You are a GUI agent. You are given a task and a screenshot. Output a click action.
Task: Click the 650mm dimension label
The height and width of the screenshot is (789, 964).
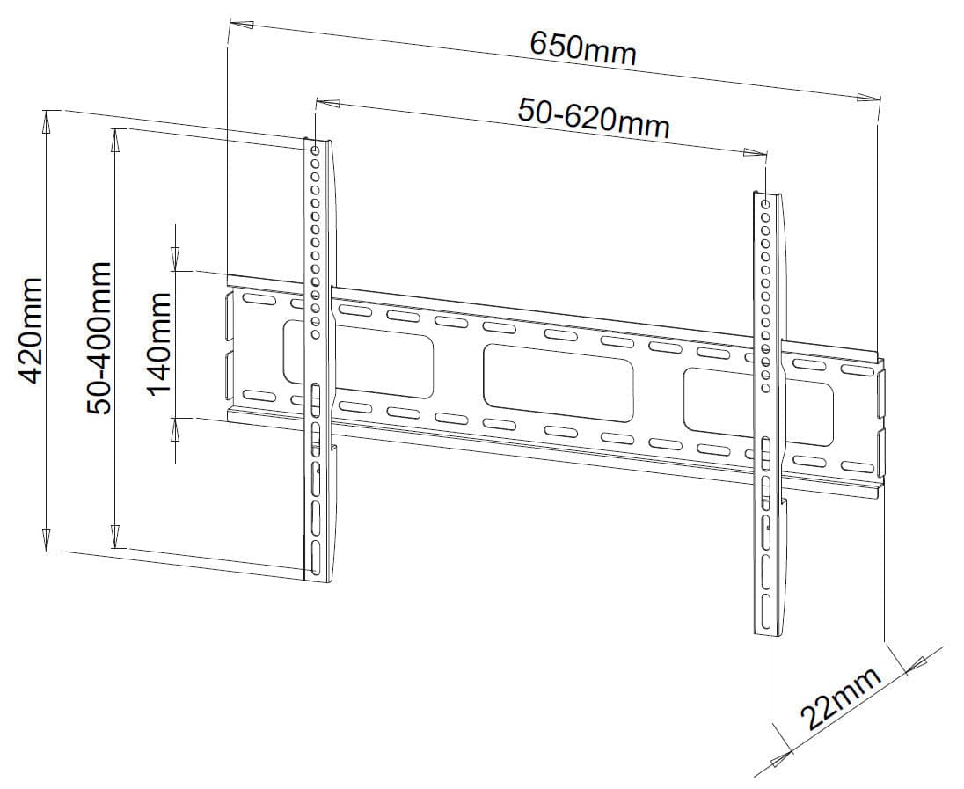[x=583, y=47]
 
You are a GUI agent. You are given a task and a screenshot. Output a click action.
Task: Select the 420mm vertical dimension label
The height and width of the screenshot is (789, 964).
[x=30, y=331]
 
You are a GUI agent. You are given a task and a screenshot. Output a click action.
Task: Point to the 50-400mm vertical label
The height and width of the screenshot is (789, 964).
[x=99, y=338]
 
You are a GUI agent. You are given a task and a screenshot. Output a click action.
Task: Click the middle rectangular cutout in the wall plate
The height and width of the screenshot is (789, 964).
[x=558, y=384]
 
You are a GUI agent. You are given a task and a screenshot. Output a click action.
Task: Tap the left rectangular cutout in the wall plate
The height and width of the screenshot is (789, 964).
[x=358, y=359]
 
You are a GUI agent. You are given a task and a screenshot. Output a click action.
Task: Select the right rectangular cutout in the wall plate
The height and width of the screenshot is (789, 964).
[x=758, y=408]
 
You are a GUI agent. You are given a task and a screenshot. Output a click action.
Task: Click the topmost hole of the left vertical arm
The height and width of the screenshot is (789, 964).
[x=315, y=150]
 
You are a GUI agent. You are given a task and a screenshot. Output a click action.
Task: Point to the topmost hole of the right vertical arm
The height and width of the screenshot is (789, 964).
[x=765, y=204]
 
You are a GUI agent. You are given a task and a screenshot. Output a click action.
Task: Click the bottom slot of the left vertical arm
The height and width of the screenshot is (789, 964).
[x=315, y=559]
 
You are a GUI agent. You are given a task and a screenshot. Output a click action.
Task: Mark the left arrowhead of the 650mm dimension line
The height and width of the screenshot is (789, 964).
[x=240, y=24]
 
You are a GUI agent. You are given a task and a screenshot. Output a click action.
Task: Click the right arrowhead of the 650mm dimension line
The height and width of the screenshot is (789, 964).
[x=868, y=97]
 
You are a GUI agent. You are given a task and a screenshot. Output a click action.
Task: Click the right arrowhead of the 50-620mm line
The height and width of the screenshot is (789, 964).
[x=755, y=152]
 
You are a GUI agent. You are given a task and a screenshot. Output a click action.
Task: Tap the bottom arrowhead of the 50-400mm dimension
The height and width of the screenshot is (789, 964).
[x=114, y=536]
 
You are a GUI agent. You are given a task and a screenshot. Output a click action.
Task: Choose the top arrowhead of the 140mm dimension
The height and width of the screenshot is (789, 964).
[x=175, y=259]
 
